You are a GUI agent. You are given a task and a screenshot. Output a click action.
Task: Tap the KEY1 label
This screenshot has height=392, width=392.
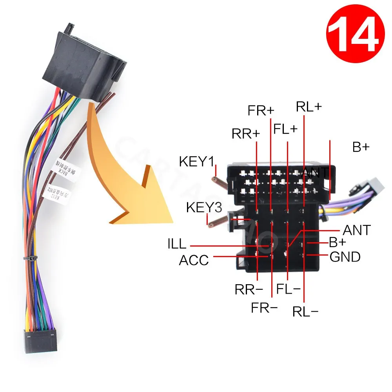click(198, 161)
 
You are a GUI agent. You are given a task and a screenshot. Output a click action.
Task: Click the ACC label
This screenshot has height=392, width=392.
click(194, 260)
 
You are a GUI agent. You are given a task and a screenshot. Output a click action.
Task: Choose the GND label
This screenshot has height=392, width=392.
click(345, 257)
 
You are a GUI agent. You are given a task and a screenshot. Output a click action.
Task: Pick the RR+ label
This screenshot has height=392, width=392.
click(246, 134)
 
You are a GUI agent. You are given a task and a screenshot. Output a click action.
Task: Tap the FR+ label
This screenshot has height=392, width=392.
click(261, 111)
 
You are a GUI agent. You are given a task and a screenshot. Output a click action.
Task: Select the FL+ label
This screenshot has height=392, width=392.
click(286, 129)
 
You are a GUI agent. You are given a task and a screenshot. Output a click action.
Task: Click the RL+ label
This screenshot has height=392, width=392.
click(309, 107)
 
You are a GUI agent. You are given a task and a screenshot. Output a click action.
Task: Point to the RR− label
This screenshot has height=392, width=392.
click(249, 290)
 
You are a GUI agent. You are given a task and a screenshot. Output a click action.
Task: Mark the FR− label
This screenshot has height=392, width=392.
click(264, 308)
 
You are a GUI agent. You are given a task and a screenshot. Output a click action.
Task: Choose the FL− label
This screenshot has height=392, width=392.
click(288, 290)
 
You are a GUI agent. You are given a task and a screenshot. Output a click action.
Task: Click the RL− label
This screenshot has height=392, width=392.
click(305, 312)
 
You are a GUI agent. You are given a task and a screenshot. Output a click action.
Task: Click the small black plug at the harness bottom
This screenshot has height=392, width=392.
click(41, 341)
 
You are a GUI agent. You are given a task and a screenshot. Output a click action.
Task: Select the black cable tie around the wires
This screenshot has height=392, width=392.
click(30, 260)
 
